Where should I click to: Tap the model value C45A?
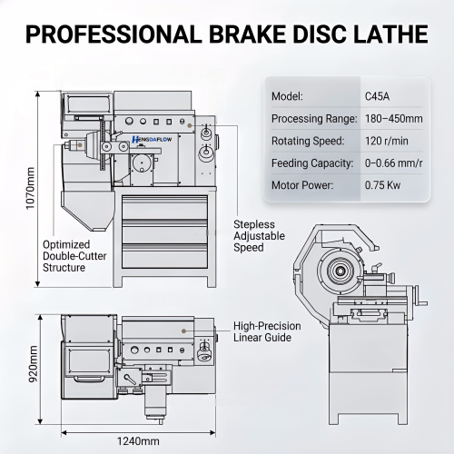coord(377,96)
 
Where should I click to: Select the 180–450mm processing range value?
coord(394,119)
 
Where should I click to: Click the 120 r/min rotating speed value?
coord(387,141)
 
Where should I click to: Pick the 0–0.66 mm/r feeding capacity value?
coord(393,163)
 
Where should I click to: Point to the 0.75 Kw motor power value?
coord(382,185)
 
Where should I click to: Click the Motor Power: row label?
coord(302,185)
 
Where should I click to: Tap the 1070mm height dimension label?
coord(30,188)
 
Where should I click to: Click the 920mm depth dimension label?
coord(33,364)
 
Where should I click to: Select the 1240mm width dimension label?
coord(138,441)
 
